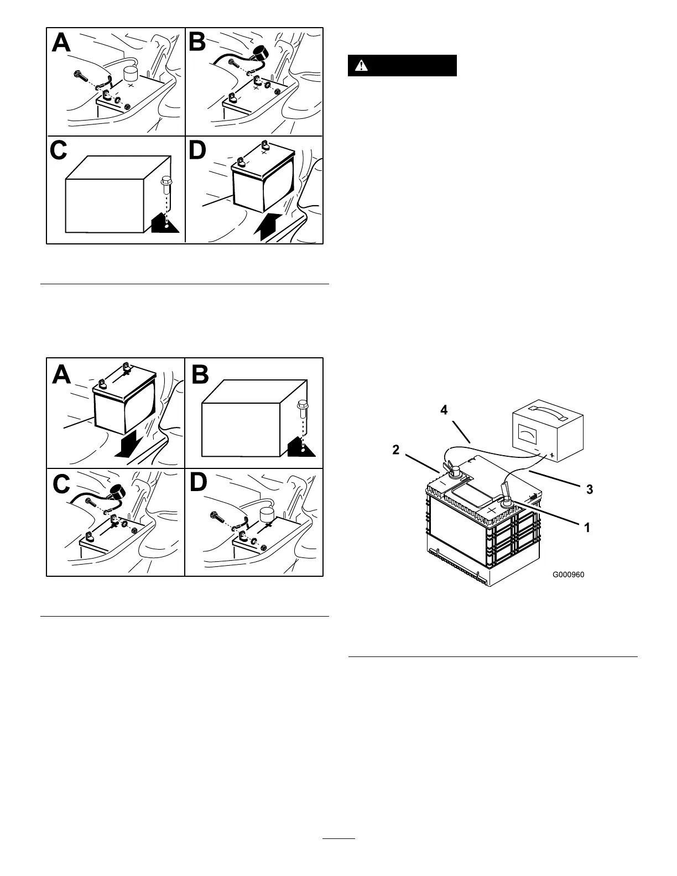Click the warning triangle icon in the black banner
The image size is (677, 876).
(x=361, y=65)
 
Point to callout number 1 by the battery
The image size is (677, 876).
(x=587, y=528)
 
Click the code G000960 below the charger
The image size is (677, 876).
(x=568, y=575)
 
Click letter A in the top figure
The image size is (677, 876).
(x=62, y=42)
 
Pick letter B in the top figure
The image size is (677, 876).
(x=199, y=42)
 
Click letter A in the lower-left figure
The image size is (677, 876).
(x=62, y=374)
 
